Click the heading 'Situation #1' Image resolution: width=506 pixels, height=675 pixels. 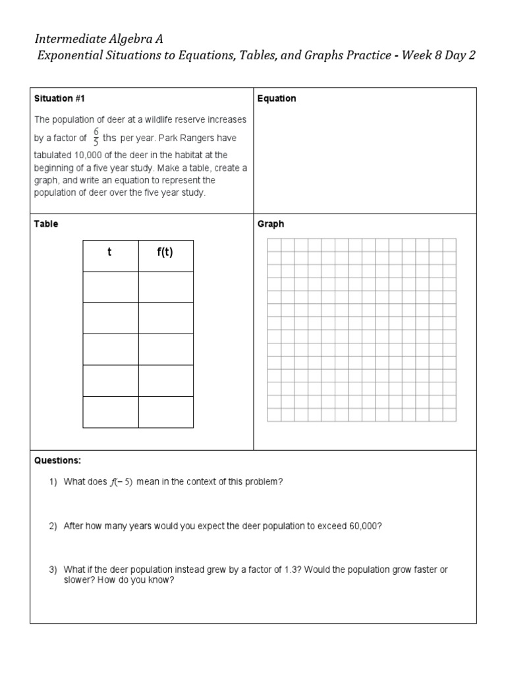point(60,98)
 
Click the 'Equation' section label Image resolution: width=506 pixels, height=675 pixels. point(277,98)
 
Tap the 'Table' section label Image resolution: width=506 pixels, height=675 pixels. point(46,223)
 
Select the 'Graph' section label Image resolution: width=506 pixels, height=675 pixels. point(271,223)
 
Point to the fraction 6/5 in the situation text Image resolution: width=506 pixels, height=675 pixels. point(96,138)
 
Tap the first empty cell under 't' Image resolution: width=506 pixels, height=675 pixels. point(110,287)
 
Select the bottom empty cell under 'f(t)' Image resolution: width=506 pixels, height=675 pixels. point(165,412)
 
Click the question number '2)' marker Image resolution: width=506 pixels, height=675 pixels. point(53,526)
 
